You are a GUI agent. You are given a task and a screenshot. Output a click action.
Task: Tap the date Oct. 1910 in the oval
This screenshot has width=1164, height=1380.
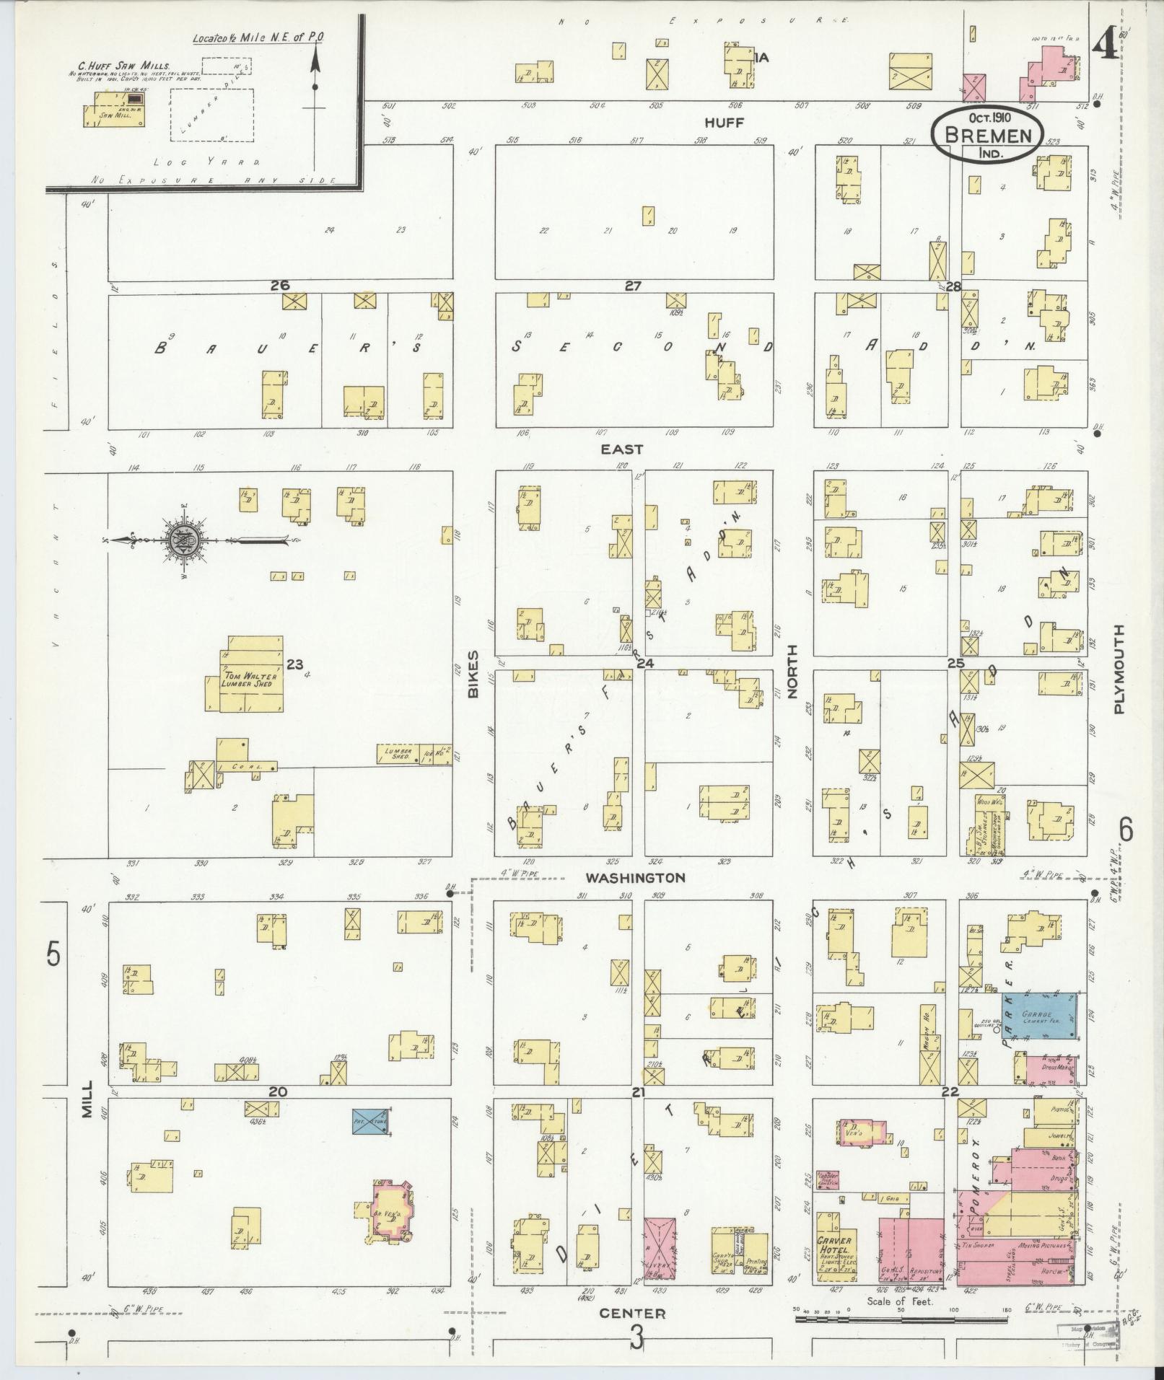pyautogui.click(x=986, y=118)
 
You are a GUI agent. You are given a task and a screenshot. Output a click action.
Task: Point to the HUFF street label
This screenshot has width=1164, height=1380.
pyautogui.click(x=724, y=123)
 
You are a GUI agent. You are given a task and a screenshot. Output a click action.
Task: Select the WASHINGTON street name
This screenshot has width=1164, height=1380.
pyautogui.click(x=635, y=878)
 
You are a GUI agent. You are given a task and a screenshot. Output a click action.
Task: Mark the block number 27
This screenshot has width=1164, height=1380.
pyautogui.click(x=633, y=286)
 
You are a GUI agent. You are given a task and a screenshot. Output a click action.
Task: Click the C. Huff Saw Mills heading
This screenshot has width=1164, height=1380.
pyautogui.click(x=124, y=65)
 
